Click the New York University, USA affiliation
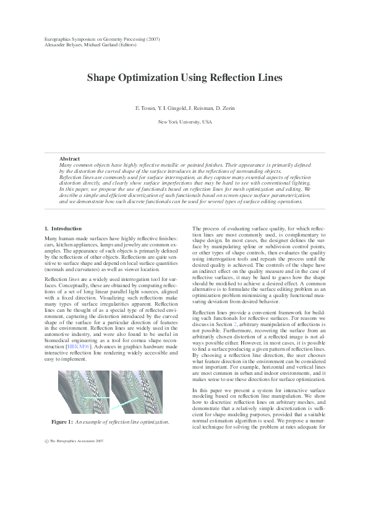[184, 122]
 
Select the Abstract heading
[69, 159]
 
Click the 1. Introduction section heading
[64, 229]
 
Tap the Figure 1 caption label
[62, 421]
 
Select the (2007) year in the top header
[152, 39]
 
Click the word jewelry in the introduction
[129, 245]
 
